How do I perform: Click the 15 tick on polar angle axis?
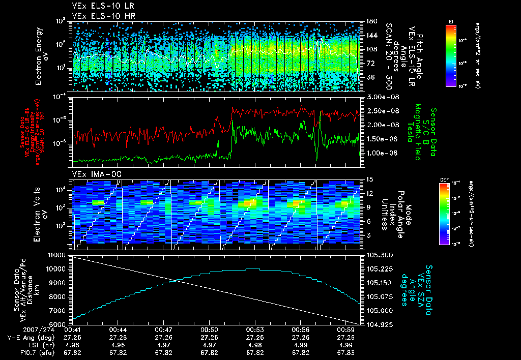click(369, 179)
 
